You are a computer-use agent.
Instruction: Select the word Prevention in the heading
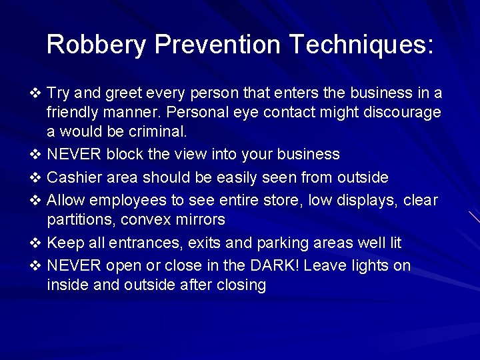218,45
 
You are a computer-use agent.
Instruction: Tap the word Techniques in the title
359,45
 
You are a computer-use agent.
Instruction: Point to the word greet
127,93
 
